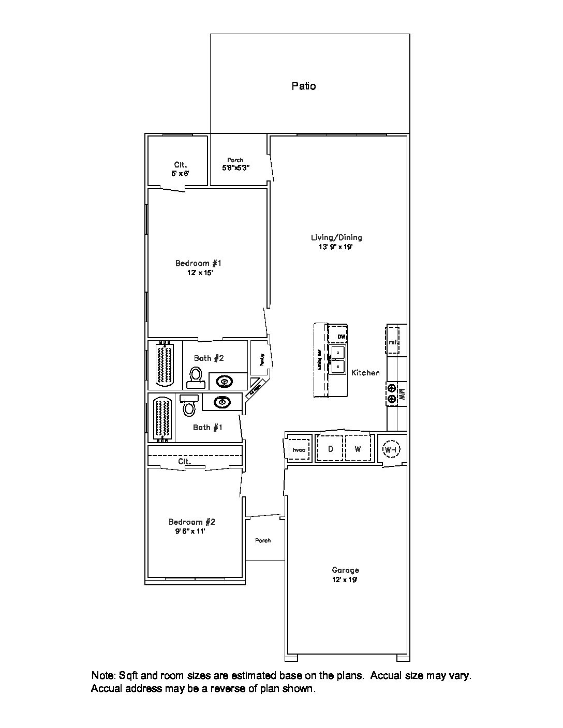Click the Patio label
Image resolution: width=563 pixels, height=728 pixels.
[x=304, y=86]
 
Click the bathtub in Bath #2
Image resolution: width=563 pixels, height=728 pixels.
[x=165, y=364]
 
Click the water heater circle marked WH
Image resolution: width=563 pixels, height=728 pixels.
[x=391, y=449]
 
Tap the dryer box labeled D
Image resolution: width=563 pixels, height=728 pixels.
[x=331, y=449]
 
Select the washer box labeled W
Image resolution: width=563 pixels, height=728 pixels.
[x=358, y=449]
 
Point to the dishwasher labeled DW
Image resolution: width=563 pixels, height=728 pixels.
[x=340, y=337]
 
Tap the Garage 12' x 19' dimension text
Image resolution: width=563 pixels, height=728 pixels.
[x=345, y=580]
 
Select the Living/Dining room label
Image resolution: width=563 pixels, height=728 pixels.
[x=336, y=237]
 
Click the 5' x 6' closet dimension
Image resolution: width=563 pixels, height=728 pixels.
[x=181, y=174]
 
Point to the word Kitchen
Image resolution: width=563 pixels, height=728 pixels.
[x=365, y=372]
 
